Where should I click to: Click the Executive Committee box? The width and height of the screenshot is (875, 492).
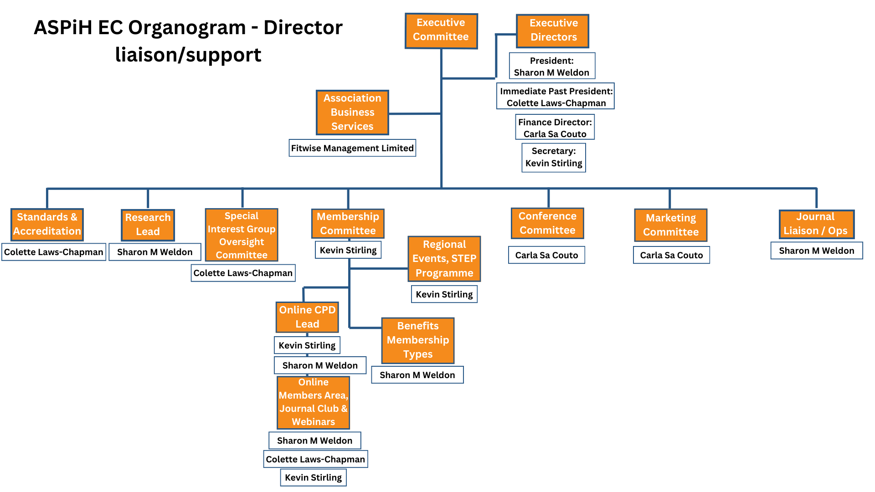tap(441, 31)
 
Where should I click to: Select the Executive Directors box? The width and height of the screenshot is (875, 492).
tap(552, 31)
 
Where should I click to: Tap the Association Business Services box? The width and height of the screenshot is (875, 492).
tap(352, 112)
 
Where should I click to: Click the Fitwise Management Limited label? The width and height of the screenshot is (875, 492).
tap(352, 148)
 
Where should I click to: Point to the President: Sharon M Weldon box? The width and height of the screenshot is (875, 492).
tap(552, 66)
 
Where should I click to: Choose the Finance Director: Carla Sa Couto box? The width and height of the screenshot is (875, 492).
tap(555, 128)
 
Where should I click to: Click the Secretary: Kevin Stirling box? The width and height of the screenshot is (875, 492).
tap(554, 158)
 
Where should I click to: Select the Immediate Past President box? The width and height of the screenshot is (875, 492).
tap(556, 97)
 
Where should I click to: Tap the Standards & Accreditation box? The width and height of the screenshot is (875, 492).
tap(47, 224)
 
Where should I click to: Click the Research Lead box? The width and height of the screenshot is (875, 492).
tap(148, 225)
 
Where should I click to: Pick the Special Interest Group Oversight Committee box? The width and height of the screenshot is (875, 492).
tap(242, 235)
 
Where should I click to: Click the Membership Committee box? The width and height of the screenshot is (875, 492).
tap(348, 223)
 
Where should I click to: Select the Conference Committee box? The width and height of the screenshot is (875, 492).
tap(547, 223)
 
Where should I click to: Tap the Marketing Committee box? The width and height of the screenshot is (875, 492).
tap(670, 225)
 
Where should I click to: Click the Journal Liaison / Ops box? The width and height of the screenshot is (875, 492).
tap(816, 224)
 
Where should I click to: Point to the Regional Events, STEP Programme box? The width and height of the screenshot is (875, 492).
tap(444, 259)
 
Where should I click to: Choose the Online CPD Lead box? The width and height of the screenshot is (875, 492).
tap(307, 317)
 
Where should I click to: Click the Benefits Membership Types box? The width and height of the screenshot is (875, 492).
tap(417, 340)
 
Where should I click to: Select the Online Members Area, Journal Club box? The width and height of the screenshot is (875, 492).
tap(313, 402)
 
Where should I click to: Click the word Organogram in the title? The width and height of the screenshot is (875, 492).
tap(186, 28)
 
